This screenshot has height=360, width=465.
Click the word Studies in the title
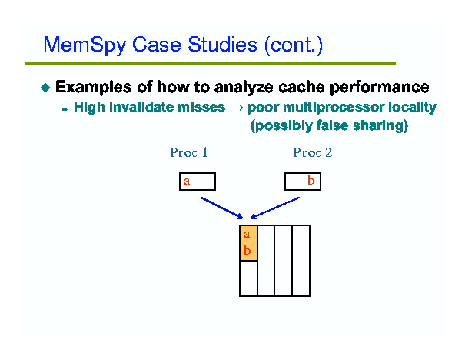[x=222, y=45]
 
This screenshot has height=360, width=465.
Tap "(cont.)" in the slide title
[x=294, y=45]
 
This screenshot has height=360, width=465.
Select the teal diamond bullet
[x=45, y=88]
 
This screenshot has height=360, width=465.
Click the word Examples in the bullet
[x=94, y=88]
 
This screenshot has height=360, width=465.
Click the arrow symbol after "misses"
[x=237, y=108]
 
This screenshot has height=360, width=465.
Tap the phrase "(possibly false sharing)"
[x=329, y=125]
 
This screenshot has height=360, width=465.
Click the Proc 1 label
[x=188, y=152]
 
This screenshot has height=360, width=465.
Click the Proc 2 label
[x=312, y=152]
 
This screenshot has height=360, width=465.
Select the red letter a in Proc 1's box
[x=187, y=181]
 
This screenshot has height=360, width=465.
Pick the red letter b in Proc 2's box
[x=311, y=180]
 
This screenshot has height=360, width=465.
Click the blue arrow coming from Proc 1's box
[x=222, y=208]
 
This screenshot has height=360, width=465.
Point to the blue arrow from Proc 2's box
[x=275, y=208]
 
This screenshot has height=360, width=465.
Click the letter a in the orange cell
[x=247, y=235]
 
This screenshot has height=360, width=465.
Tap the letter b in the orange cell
[x=247, y=250]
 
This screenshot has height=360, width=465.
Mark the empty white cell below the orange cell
[x=248, y=278]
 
